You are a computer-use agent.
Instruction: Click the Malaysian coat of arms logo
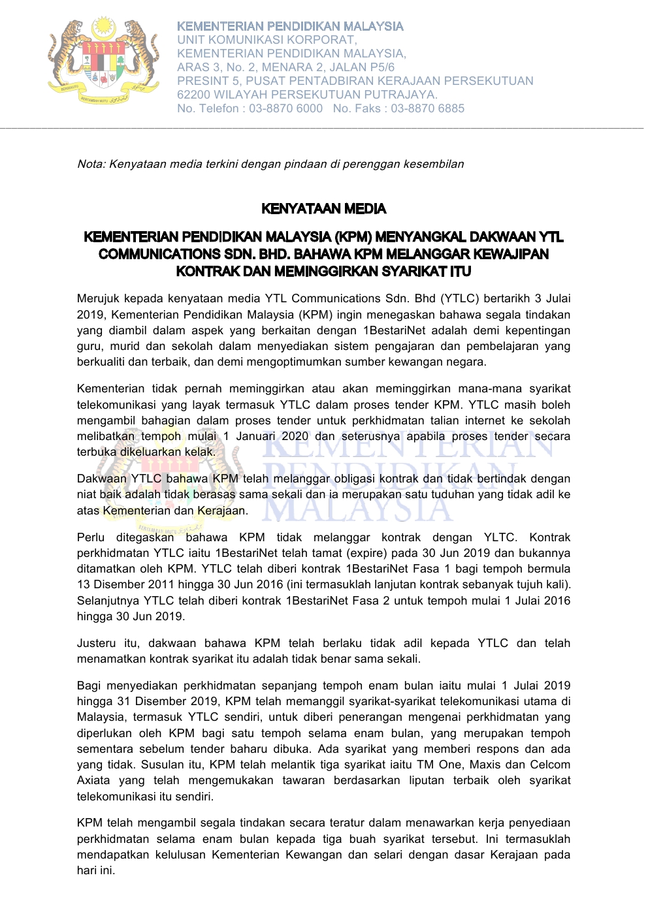(103, 60)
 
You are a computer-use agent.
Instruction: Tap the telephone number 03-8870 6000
(285, 108)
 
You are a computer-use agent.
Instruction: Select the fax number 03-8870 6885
(428, 108)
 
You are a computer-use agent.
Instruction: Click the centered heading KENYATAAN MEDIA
(323, 209)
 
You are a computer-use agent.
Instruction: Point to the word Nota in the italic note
(91, 164)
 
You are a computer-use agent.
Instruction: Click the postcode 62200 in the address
(194, 95)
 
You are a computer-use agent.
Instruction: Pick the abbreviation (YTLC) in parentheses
(460, 299)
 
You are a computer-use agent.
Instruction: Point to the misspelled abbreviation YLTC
(500, 537)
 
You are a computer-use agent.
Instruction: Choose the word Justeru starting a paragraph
(96, 643)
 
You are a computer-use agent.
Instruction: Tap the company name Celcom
(549, 765)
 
